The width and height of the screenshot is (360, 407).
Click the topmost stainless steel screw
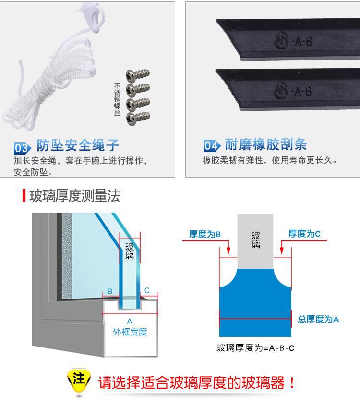(x=137, y=74)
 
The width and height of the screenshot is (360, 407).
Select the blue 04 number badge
(x=211, y=146)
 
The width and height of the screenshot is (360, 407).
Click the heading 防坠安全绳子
(x=78, y=145)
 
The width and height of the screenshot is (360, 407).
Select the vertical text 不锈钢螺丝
(x=117, y=99)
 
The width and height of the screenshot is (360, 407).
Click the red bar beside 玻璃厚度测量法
(x=24, y=196)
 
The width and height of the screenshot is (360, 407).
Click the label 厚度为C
(x=304, y=234)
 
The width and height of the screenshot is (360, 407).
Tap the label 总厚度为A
(x=318, y=319)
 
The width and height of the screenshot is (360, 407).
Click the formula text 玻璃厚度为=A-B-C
(x=255, y=348)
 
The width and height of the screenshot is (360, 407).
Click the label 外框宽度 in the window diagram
(x=130, y=332)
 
